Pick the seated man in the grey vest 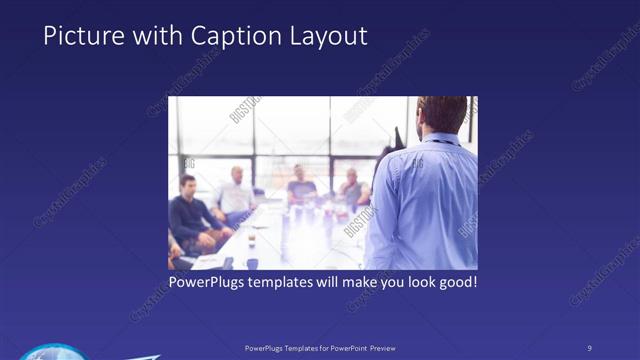353,189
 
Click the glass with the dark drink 251,240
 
